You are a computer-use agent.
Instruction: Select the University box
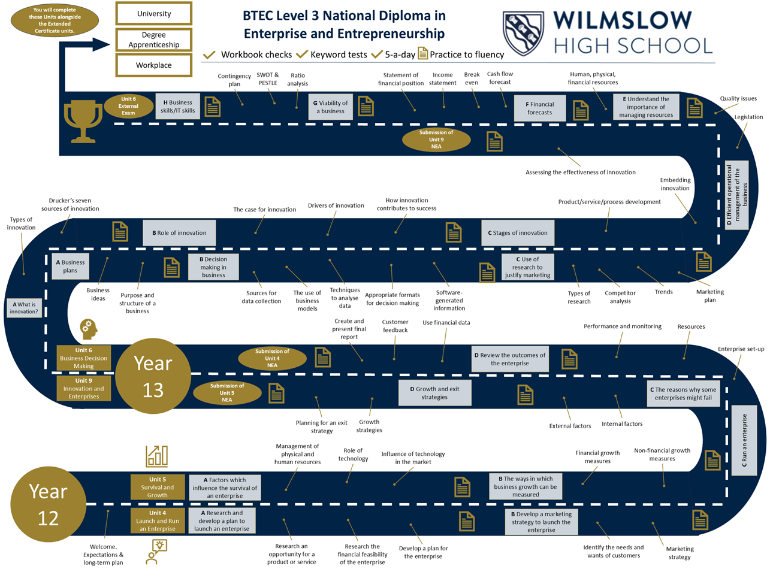[x=154, y=14]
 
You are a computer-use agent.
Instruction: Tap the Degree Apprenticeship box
[x=154, y=40]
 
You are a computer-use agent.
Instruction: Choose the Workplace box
[x=154, y=65]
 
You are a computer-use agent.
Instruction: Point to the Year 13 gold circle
[x=153, y=376]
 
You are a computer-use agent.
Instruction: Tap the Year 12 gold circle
[x=48, y=504]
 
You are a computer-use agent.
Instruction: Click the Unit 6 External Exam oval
[x=128, y=106]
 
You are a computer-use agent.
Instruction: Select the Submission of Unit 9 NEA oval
[x=436, y=140]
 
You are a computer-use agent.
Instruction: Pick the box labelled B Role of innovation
[x=179, y=233]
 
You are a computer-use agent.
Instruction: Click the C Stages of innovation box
[x=518, y=233]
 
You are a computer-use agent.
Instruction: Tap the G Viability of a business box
[x=330, y=107]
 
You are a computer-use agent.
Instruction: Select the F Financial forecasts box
[x=540, y=108]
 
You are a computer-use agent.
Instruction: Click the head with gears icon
[x=89, y=329]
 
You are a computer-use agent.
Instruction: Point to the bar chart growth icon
[x=157, y=456]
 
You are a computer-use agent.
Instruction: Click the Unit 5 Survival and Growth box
[x=158, y=488]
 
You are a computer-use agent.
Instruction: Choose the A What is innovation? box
[x=24, y=308]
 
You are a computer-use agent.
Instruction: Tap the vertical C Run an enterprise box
[x=744, y=440]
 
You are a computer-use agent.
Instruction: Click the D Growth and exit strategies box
[x=434, y=393]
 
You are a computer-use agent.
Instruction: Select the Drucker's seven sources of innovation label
[x=70, y=205]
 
